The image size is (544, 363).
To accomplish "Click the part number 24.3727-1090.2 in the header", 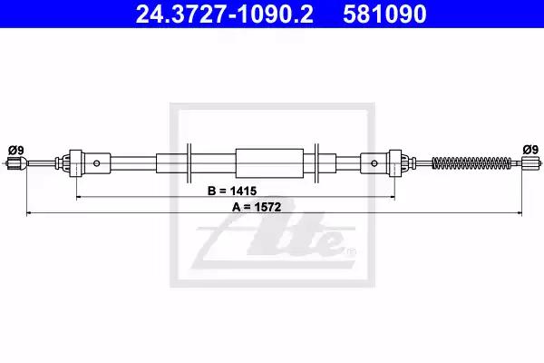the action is click(225, 14).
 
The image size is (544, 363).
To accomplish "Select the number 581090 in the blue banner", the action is click(384, 14).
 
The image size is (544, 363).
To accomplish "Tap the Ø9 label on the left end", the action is click(16, 151).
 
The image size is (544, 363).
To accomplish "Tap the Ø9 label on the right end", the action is click(530, 150).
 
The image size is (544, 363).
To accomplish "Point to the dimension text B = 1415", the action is click(232, 191).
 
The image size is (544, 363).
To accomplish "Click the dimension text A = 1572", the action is click(257, 207).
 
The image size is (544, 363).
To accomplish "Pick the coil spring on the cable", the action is click(471, 162).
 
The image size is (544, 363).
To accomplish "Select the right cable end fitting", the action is click(531, 162).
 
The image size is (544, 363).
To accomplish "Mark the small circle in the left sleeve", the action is click(97, 163).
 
